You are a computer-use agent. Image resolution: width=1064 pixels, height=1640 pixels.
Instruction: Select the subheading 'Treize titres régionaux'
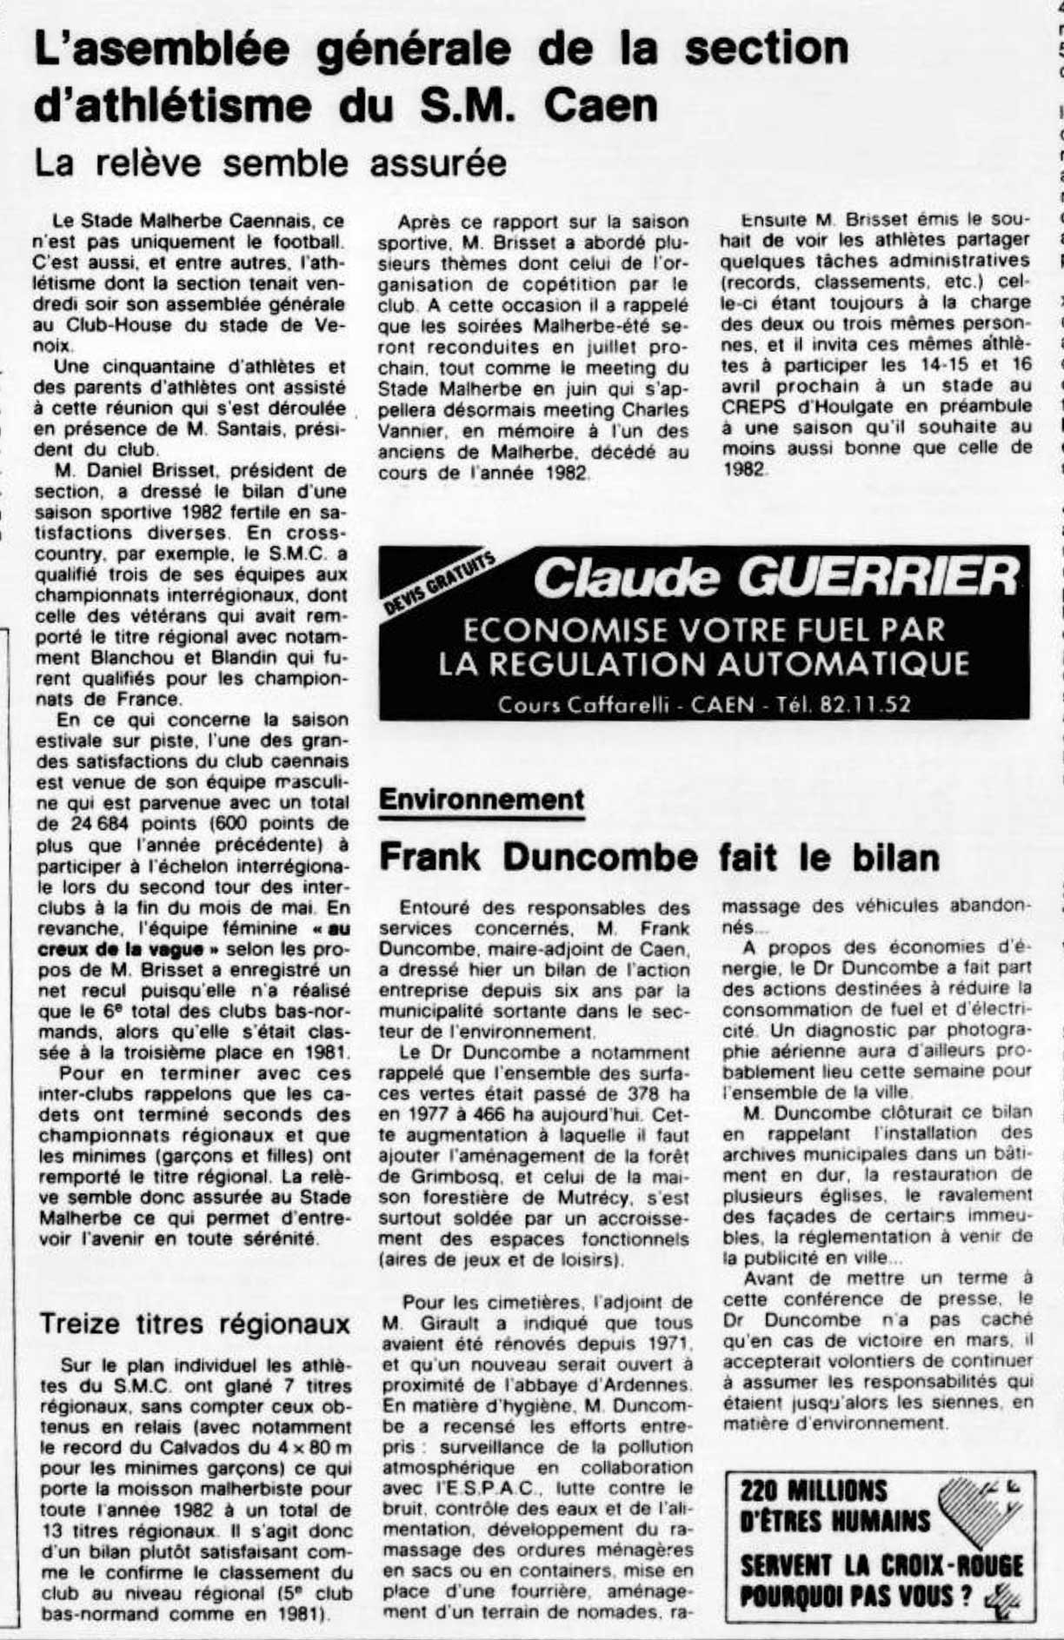(x=195, y=1323)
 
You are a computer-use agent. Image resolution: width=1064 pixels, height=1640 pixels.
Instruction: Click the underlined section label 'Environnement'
(x=482, y=799)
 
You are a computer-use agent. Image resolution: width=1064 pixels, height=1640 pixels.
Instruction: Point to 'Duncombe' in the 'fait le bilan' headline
(x=601, y=857)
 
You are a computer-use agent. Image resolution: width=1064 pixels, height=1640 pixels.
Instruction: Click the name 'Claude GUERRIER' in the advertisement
(x=775, y=577)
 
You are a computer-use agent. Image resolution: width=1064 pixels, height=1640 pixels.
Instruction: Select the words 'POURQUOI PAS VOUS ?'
(x=855, y=1597)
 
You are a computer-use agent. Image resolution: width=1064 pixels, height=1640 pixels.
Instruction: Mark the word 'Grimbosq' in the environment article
(x=423, y=1177)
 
